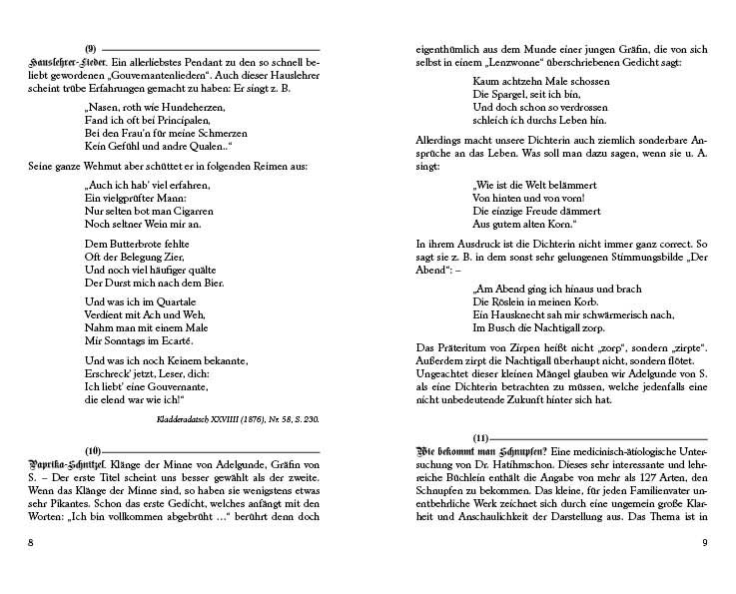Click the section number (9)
[x=90, y=49]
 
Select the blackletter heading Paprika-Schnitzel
[x=62, y=463]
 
